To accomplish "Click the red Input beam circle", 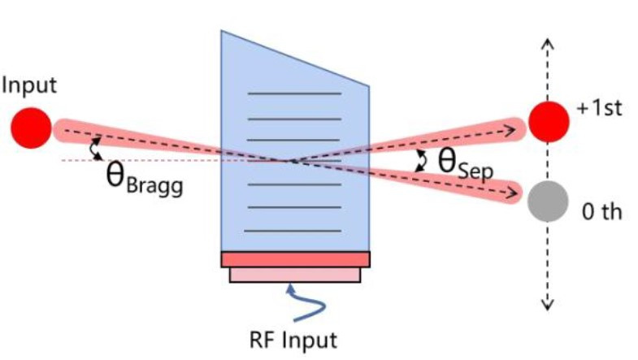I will tap(31, 128).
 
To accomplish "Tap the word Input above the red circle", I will tap(29, 85).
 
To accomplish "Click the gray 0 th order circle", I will tap(546, 201).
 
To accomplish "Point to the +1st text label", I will tap(599, 108).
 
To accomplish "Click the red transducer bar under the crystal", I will tap(295, 259).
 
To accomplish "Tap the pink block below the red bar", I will tap(295, 275).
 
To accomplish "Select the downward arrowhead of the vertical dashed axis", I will tap(548, 304).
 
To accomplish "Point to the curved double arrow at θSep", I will tap(421, 161).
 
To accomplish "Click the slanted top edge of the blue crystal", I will tap(295, 58).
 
